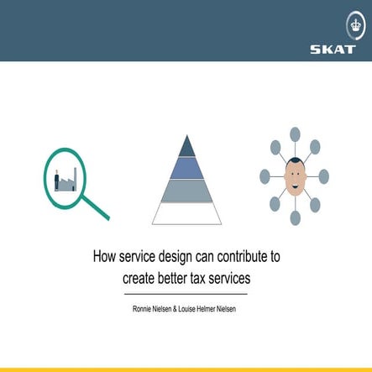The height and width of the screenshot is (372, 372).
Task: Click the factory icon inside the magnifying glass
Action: tap(66, 179)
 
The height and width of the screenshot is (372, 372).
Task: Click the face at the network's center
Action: tap(294, 176)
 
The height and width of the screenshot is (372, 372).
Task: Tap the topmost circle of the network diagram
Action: tap(295, 134)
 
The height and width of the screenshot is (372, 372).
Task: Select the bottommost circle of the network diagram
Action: tap(295, 218)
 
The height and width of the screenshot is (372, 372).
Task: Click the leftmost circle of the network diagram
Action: tap(265, 176)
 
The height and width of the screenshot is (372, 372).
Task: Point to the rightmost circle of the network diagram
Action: tap(324, 176)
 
